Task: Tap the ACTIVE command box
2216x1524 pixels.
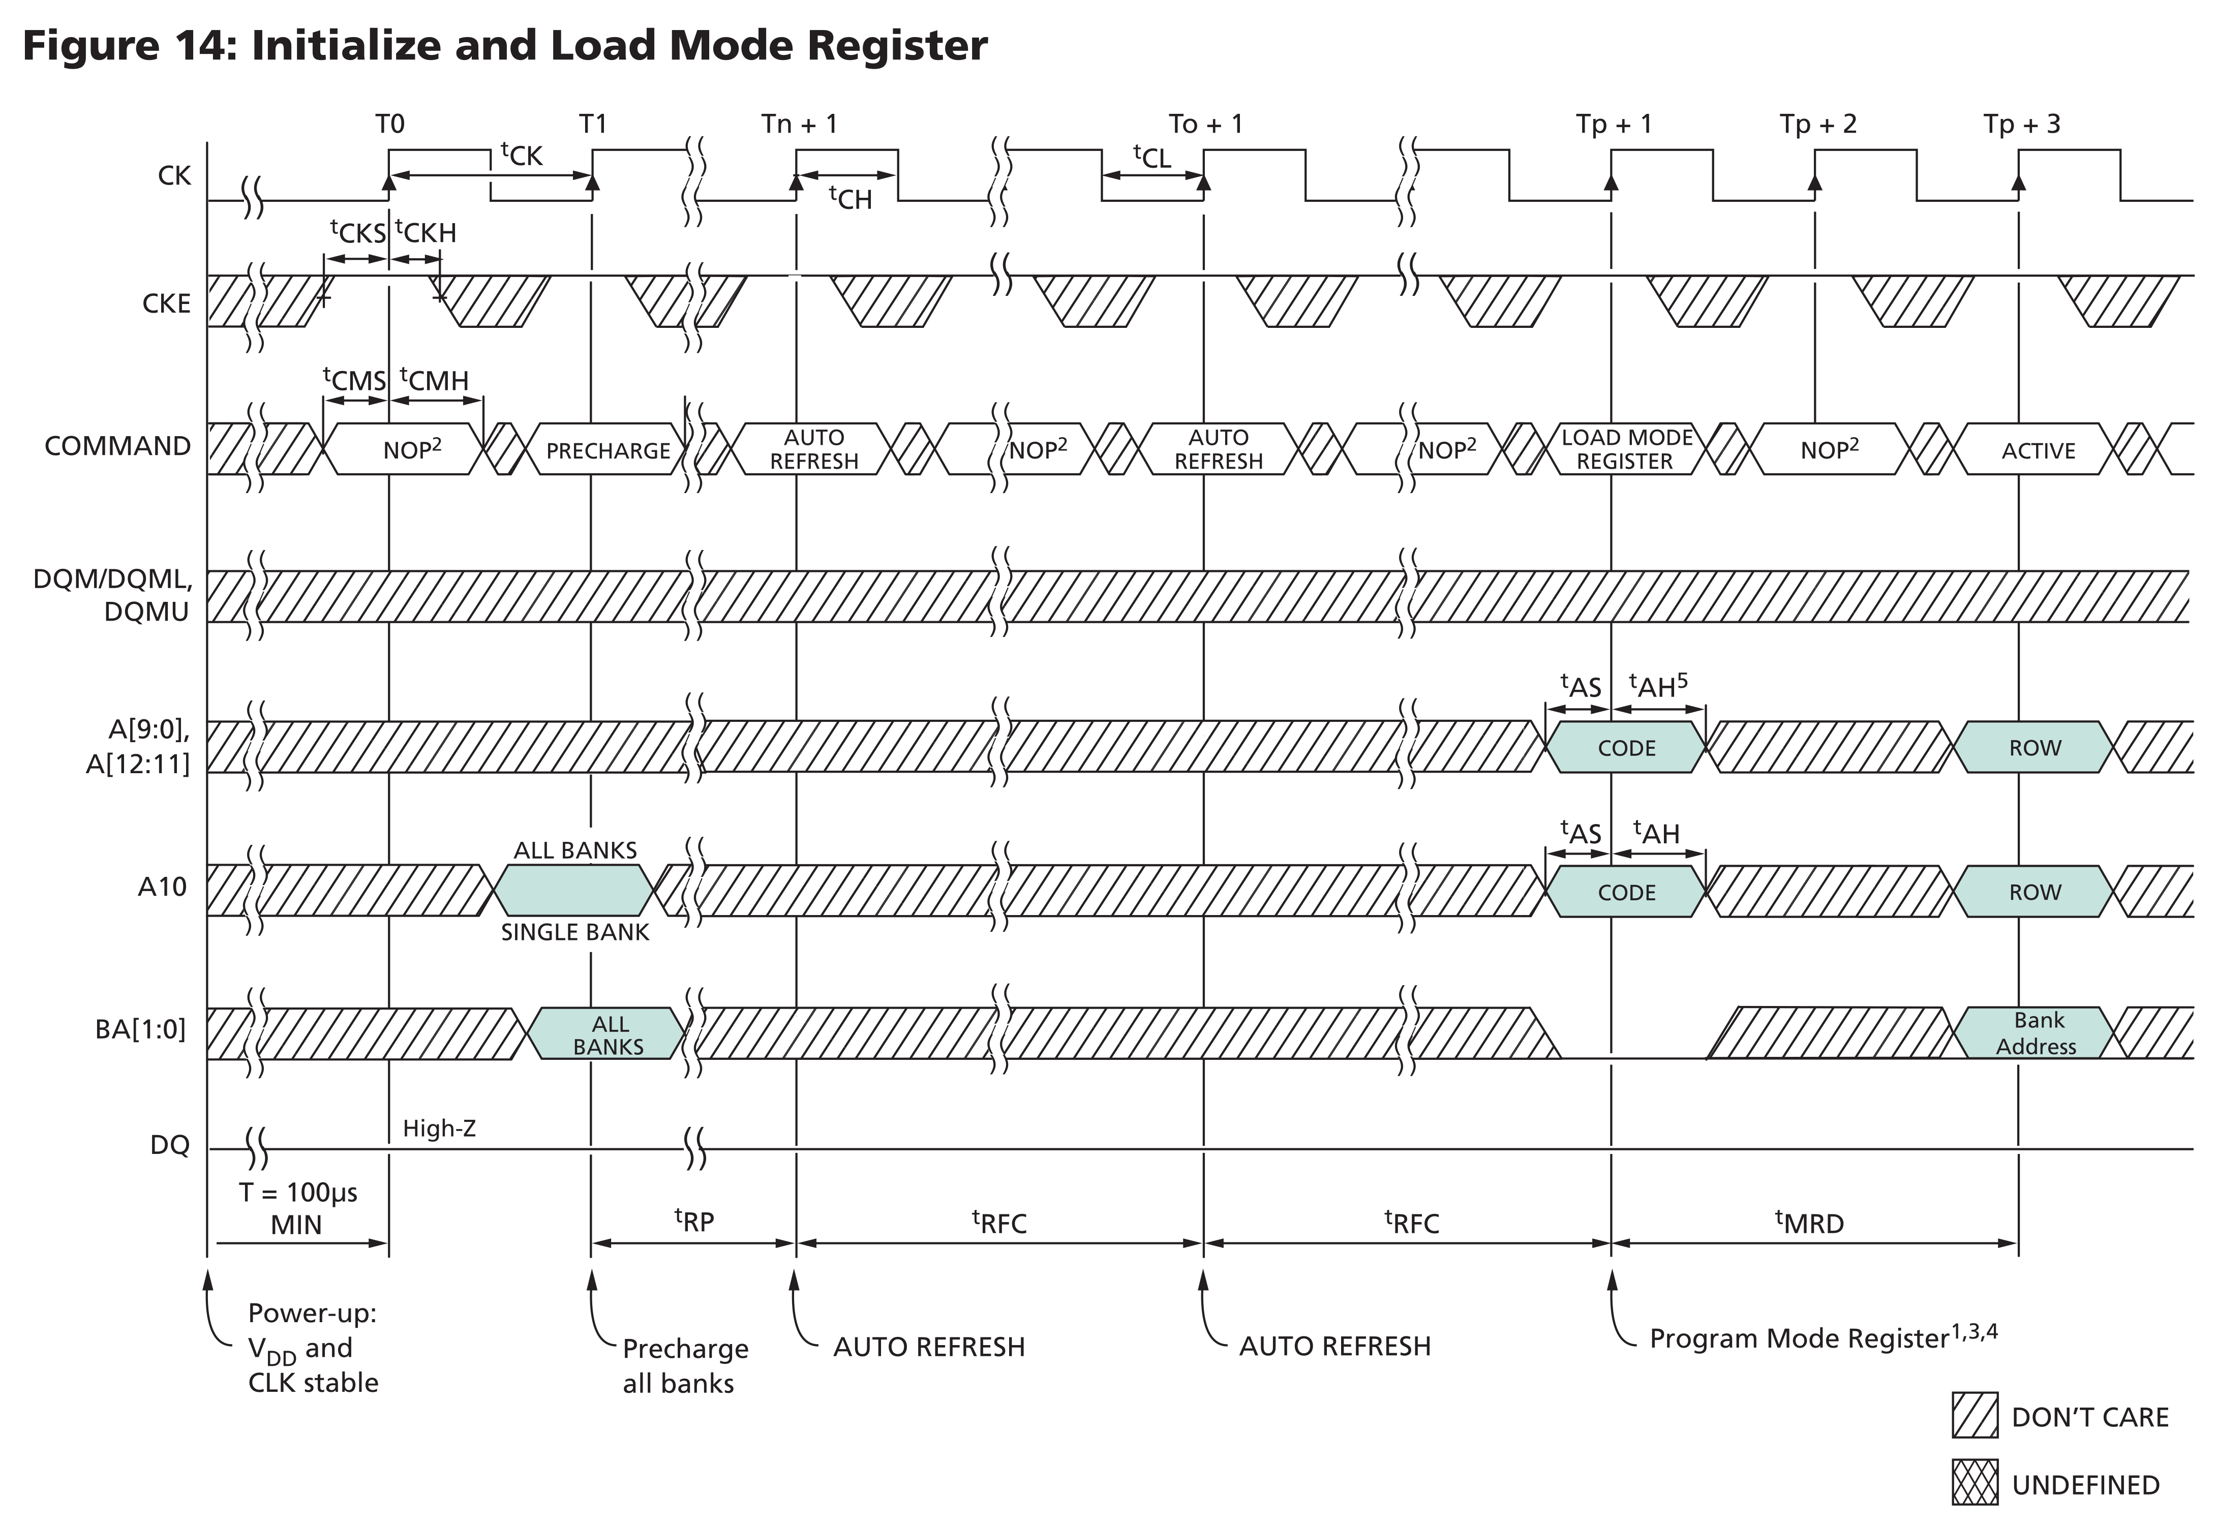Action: (x=2038, y=450)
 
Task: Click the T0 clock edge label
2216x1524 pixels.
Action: (x=389, y=124)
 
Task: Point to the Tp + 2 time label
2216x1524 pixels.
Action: (x=1817, y=124)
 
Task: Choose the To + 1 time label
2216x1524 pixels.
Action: (x=1205, y=124)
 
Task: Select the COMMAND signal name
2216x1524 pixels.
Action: (x=117, y=446)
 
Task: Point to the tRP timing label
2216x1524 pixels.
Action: (x=694, y=1221)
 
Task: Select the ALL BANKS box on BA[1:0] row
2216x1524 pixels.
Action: (x=608, y=1034)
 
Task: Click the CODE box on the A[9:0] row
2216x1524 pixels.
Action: (x=1626, y=748)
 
